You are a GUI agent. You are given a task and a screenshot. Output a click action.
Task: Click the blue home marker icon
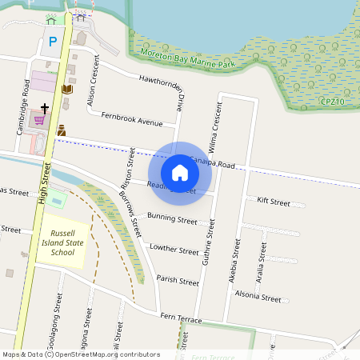coord(180,173)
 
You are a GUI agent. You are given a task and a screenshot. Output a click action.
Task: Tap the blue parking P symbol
coord(53,42)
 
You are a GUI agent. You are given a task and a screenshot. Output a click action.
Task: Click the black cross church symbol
coord(44,106)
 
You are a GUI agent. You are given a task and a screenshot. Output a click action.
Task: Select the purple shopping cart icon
coord(38,121)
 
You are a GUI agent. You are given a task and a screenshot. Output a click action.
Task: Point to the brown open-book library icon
coord(67,90)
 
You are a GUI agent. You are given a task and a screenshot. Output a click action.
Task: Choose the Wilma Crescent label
coord(216,127)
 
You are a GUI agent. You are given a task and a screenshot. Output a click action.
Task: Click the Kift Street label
coord(274,202)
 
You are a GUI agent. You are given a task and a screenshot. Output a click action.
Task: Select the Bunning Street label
coord(172,219)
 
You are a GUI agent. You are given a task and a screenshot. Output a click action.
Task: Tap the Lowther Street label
coord(174,250)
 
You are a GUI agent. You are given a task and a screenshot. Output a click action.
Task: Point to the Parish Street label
coord(178,281)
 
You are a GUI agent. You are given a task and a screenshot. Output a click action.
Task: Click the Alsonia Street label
coord(258,298)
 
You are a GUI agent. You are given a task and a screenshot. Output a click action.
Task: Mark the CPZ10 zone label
coord(332,102)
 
